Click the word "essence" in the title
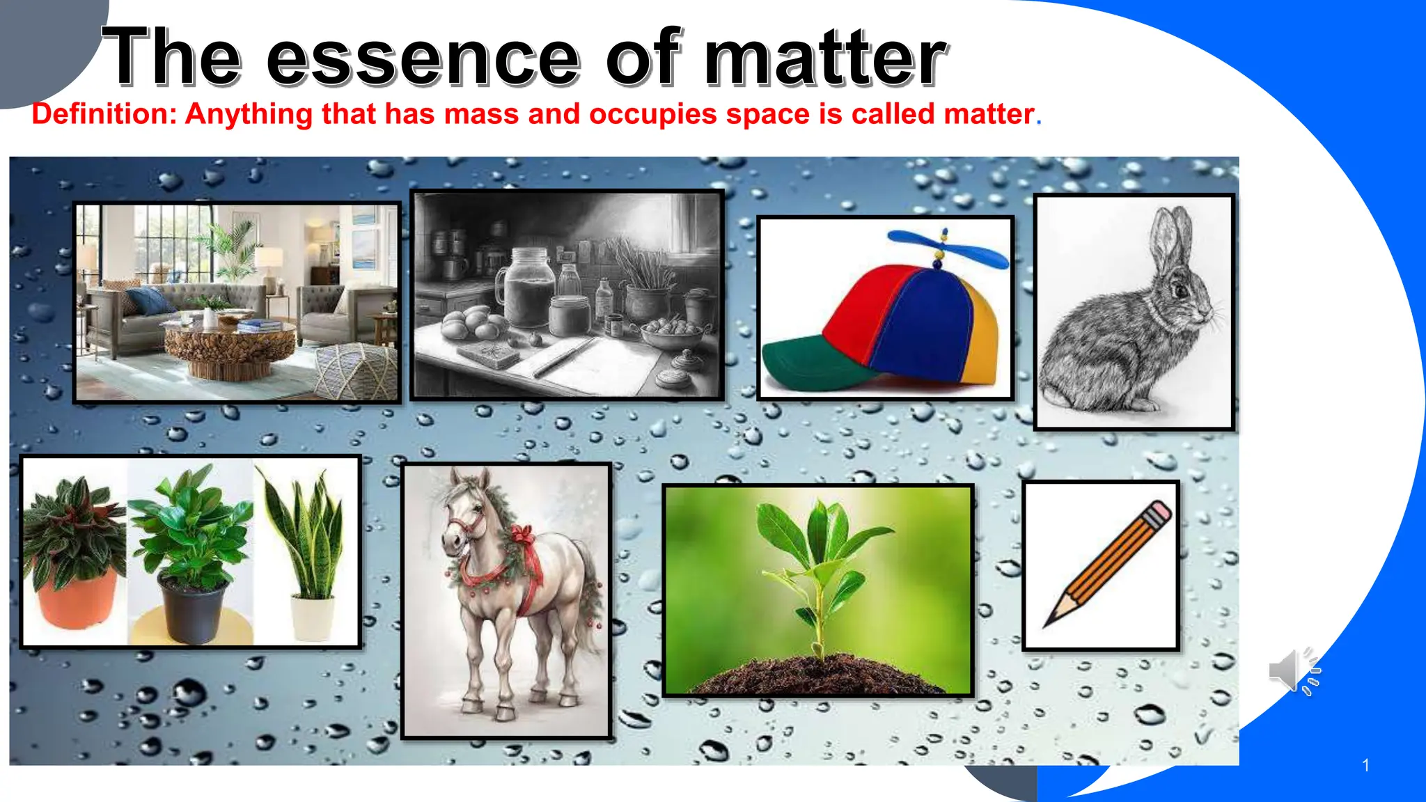pyautogui.click(x=423, y=58)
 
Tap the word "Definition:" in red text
pyautogui.click(x=104, y=114)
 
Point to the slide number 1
pyautogui.click(x=1365, y=766)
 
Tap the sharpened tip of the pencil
pyautogui.click(x=1049, y=622)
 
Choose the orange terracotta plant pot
pyautogui.click(x=77, y=599)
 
